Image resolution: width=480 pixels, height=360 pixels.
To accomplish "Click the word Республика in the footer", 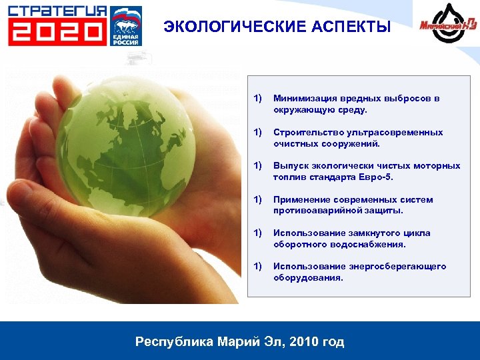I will (173, 343).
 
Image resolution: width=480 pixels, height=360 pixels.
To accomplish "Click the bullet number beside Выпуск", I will (258, 166).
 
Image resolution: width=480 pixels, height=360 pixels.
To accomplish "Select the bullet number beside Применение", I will (258, 199).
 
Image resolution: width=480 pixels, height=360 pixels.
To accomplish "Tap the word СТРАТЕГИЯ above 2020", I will (57, 11).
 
